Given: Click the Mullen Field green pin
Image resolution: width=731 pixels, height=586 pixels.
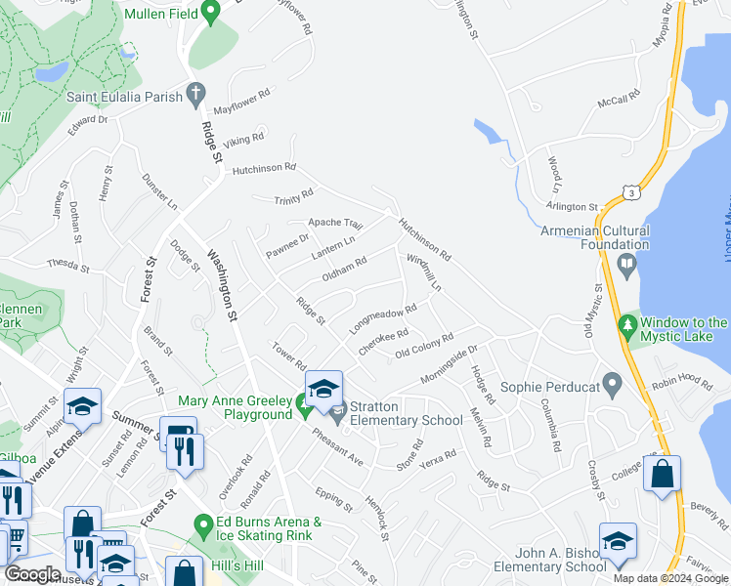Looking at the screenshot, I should [209, 13].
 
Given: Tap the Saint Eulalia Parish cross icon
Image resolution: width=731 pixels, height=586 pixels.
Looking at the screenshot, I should [196, 96].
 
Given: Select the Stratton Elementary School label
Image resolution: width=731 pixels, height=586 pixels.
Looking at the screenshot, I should [406, 413].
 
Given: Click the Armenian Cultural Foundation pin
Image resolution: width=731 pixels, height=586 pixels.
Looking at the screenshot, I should [626, 264].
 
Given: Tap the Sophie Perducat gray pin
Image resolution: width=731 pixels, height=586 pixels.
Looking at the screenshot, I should [612, 386].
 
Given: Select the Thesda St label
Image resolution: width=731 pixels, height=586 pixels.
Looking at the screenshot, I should [68, 266].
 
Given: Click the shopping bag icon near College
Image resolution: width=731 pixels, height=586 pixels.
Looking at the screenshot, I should [662, 474].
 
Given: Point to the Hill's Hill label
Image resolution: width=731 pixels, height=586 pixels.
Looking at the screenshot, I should [235, 565].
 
